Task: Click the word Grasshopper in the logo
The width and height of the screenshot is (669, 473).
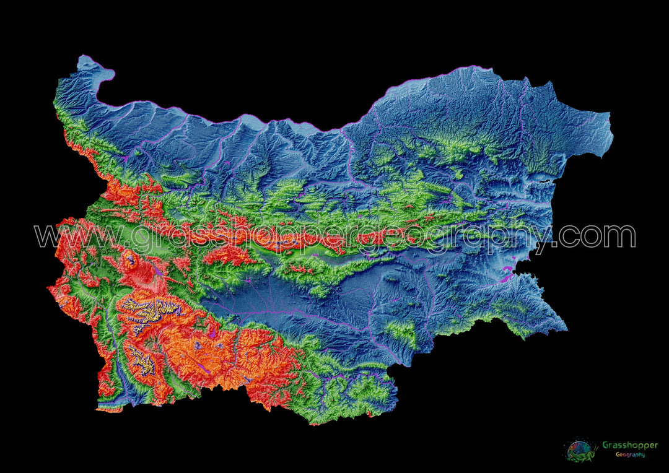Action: (629, 445)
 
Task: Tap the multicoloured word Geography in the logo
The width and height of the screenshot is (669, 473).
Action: (629, 454)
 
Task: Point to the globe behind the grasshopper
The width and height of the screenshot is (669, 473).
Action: (577, 447)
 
